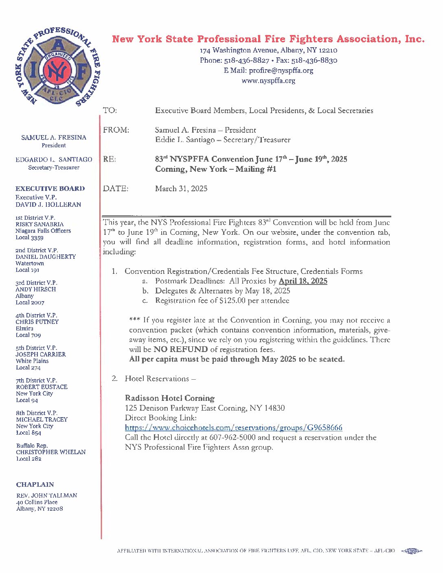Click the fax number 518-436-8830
tap(314, 60)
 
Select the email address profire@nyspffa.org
tap(281, 70)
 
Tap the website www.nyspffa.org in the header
tap(268, 81)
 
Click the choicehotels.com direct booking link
tap(233, 428)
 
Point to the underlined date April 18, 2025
tap(303, 281)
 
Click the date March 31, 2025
tap(181, 189)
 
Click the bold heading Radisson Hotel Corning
tap(169, 398)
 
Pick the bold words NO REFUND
tap(180, 350)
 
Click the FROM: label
tap(116, 130)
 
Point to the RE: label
tap(110, 160)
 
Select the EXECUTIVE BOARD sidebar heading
tap(50, 189)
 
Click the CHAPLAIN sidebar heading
tap(35, 485)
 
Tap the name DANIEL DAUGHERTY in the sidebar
tap(46, 257)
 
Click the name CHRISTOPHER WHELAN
tap(51, 452)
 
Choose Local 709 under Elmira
tap(29, 335)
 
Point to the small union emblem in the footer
tap(412, 551)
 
